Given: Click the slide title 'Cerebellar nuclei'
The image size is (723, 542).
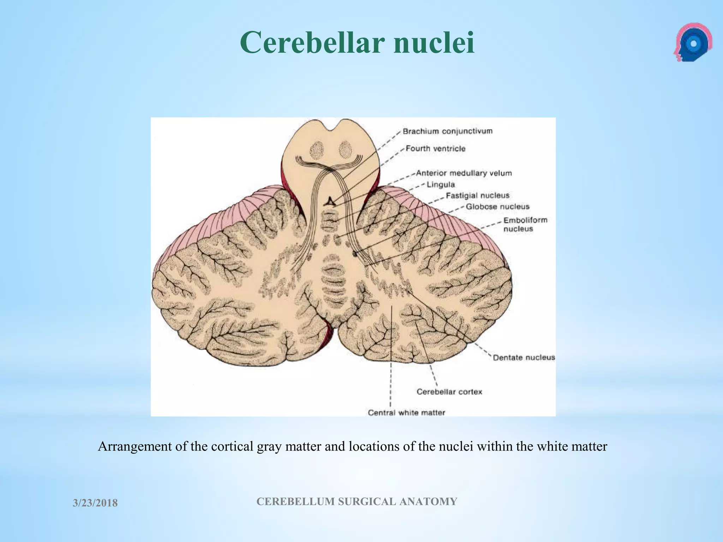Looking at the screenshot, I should point(357,42).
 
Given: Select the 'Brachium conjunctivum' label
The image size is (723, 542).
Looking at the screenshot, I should point(447,131).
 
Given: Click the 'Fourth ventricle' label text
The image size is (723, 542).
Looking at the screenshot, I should point(435,149).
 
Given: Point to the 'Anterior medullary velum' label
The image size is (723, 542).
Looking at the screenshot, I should point(464,173).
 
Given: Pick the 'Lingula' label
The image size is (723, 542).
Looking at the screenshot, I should point(441,185).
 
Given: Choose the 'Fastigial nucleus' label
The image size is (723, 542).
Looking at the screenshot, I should point(477,195).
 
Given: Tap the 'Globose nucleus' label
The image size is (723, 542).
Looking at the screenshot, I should point(497,206).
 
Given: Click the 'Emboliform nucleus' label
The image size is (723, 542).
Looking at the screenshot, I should point(525,224).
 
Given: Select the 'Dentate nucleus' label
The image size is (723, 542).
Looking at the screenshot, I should point(524,357).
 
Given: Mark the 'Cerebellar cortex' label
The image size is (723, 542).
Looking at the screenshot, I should point(449,392).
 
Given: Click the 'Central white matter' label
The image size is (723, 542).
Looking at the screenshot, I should point(406,412).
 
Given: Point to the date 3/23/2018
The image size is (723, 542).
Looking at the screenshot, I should point(95,503).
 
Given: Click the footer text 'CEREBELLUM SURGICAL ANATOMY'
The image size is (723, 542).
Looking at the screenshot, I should point(357,501).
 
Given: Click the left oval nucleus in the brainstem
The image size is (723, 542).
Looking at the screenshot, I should point(317,150).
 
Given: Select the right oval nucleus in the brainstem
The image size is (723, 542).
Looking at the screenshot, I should point(346,150).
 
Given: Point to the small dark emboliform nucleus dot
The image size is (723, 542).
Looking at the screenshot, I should point(355,253).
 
